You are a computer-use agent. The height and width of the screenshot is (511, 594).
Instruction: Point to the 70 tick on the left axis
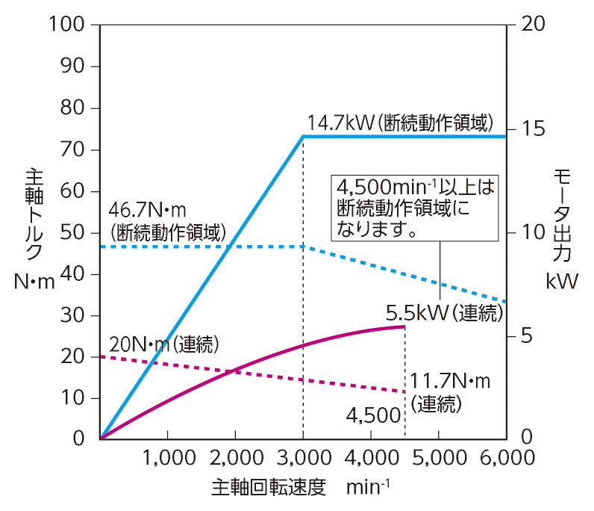point(74,149)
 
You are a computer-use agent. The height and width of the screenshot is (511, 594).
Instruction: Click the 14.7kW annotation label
point(400,122)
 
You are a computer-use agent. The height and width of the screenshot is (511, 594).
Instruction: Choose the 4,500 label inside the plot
point(374,415)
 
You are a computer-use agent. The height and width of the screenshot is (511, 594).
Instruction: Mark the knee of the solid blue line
point(303,136)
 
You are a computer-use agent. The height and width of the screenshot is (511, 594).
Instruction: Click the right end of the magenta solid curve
point(404,326)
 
